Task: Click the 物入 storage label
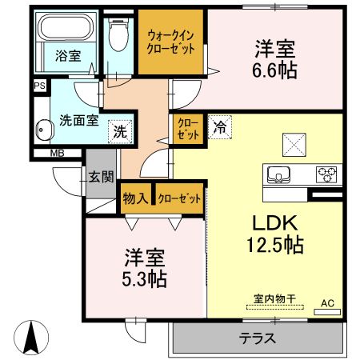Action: (x=135, y=197)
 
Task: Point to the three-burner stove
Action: (x=326, y=173)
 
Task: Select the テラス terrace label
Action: (x=258, y=338)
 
